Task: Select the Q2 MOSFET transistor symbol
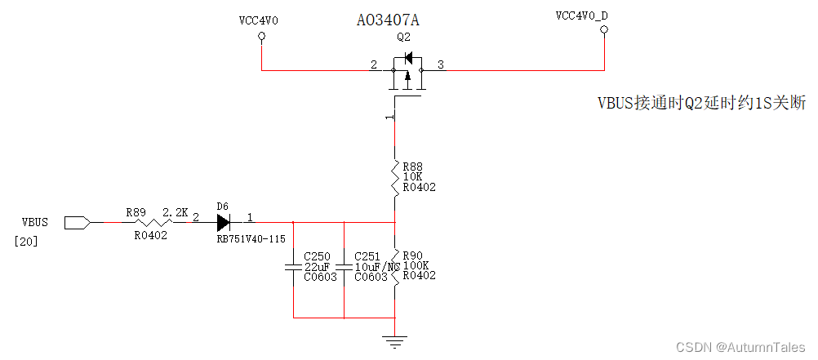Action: coord(406,74)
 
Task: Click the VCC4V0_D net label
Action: coord(581,16)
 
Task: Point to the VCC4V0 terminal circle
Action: coord(261,37)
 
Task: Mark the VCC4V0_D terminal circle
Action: coord(604,32)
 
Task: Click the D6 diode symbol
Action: coord(223,221)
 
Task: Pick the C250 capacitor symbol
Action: coord(292,267)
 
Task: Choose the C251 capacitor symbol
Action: coord(344,267)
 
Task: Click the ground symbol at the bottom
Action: coord(395,341)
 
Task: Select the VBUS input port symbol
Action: coord(76,221)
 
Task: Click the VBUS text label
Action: coord(35,222)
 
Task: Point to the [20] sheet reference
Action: coord(27,242)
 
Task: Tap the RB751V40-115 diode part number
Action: coord(250,238)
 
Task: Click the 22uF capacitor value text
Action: coord(317,266)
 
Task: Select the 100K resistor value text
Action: coord(415,265)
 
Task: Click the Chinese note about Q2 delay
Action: coord(701,103)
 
